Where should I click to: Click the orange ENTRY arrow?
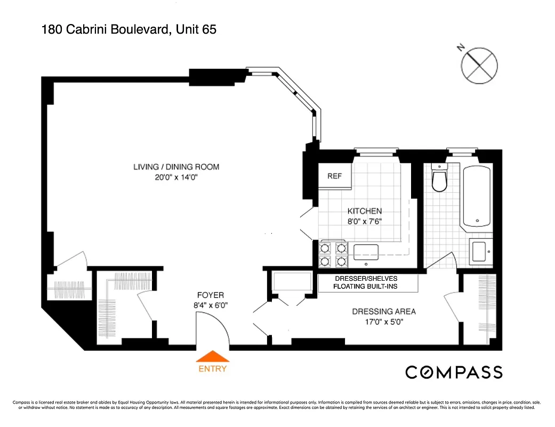(213, 357)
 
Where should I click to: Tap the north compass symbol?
(479, 65)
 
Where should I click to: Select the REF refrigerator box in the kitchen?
(335, 177)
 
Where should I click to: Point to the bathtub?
(477, 196)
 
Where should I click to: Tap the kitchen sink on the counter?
(366, 251)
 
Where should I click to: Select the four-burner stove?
(332, 254)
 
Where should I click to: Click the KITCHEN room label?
(365, 211)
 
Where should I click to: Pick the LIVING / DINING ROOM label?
(176, 167)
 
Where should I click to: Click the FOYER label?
(211, 295)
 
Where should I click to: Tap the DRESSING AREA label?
(384, 312)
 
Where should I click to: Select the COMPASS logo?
(454, 372)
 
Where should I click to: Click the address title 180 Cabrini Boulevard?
(128, 30)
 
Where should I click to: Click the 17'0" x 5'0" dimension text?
(384, 322)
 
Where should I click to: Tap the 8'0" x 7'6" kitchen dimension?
(365, 221)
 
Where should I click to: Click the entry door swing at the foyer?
(213, 328)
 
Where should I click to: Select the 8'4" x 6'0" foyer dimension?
(211, 305)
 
